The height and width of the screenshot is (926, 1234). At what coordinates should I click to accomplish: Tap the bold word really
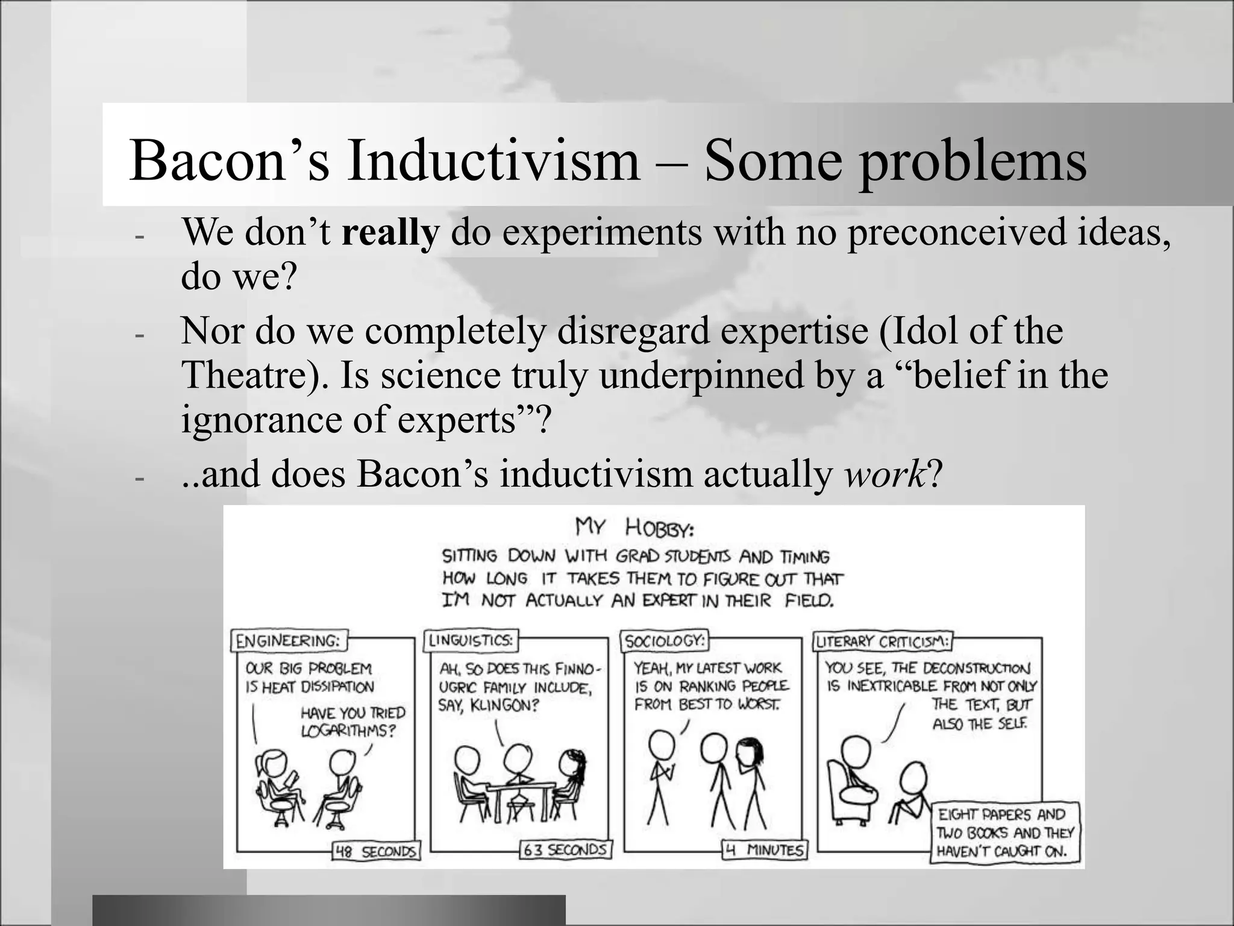(x=390, y=232)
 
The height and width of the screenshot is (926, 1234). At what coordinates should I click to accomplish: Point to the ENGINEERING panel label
(x=289, y=640)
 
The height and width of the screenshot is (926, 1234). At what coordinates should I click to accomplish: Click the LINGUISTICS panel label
(x=471, y=640)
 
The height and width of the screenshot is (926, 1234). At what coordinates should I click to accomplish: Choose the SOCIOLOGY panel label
(x=664, y=640)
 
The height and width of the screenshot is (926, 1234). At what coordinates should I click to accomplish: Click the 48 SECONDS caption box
(x=376, y=851)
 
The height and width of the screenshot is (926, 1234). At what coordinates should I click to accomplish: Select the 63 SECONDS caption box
(x=565, y=850)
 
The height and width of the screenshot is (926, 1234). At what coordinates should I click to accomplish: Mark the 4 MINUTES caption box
(x=765, y=850)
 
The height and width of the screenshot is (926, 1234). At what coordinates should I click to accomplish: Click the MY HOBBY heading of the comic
(x=634, y=528)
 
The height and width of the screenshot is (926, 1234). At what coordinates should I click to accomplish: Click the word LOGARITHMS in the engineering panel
(x=348, y=731)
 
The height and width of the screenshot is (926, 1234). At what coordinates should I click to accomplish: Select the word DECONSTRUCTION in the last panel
(x=976, y=668)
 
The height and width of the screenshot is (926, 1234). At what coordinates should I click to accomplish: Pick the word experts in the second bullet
(x=456, y=420)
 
